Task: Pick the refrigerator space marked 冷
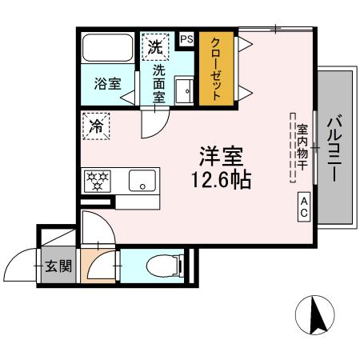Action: click(95, 126)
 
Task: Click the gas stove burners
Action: click(97, 181)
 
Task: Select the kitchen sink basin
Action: click(141, 181)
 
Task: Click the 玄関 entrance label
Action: click(58, 265)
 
